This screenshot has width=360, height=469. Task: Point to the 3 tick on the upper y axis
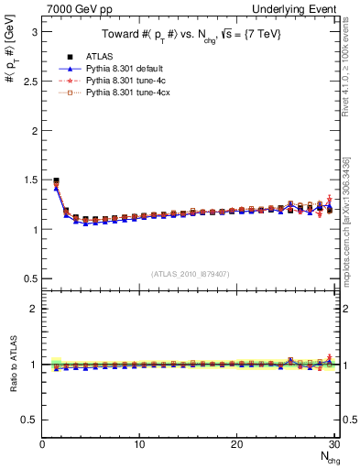pos(32,31)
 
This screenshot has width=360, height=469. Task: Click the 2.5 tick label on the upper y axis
pos(27,81)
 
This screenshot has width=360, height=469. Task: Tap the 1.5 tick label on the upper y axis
pos(27,180)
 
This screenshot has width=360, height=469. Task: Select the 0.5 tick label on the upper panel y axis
pos(27,278)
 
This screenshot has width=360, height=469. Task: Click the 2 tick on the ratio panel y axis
pos(32,309)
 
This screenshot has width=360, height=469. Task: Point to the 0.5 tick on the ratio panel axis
pos(27,420)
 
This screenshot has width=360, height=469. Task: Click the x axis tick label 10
pos(139,444)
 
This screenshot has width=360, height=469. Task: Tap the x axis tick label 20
pos(236,444)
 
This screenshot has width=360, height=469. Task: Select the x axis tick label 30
pos(333,444)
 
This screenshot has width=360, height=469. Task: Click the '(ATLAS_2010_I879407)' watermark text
pos(190,272)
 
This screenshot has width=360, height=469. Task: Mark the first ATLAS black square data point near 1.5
pos(57,180)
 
